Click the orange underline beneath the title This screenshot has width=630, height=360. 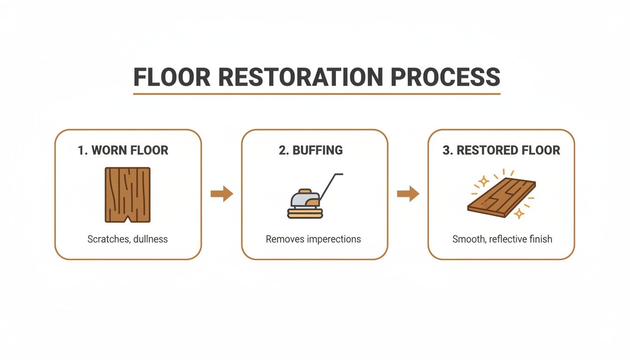point(316,94)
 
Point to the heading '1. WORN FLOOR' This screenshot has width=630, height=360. point(123,150)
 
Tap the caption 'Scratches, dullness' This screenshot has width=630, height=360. point(127,239)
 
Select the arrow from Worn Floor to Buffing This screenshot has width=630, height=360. point(221,194)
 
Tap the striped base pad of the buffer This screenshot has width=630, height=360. point(304,214)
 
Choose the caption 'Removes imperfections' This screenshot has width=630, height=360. point(313,239)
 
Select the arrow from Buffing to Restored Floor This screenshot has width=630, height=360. point(408,194)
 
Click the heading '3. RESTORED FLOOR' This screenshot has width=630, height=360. point(501,150)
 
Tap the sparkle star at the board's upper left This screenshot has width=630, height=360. point(483,181)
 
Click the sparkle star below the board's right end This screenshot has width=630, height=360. point(519,213)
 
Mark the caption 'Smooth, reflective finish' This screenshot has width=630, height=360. point(502,239)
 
